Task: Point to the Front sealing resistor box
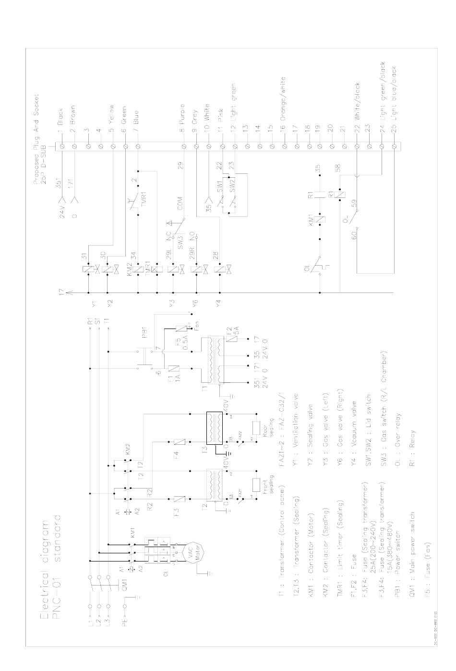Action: pos(256,484)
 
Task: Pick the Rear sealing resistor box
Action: pos(256,427)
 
